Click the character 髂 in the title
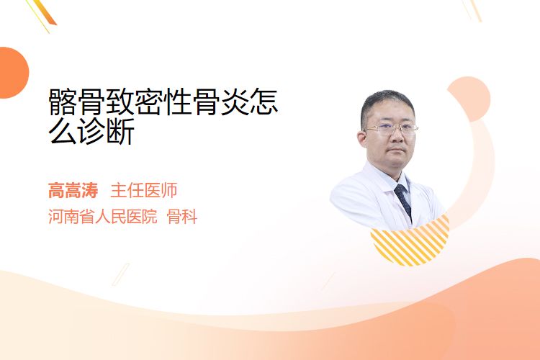63,102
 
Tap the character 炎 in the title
235,102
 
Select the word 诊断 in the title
106,132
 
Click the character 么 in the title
63,132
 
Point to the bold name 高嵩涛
73,191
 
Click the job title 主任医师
144,191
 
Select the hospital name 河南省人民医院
103,217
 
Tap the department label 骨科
182,217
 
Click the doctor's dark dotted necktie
403,201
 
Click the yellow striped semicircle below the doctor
410,240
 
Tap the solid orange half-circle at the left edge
13,73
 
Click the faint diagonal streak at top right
472,10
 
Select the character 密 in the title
149,102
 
